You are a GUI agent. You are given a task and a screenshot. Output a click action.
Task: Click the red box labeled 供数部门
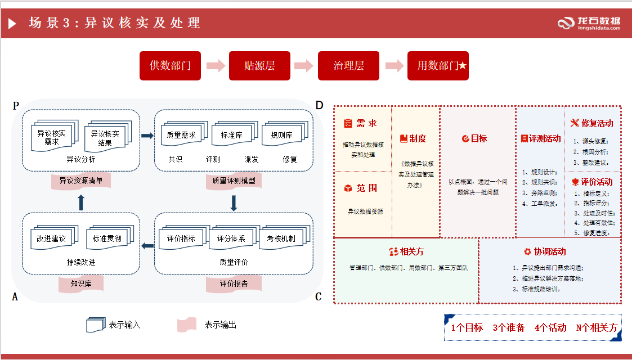170,66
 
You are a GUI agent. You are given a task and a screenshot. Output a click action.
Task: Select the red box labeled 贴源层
259,66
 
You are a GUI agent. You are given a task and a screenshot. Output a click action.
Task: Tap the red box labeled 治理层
348,66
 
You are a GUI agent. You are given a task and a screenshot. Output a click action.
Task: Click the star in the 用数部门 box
463,66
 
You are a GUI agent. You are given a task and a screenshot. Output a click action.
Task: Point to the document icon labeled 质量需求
182,135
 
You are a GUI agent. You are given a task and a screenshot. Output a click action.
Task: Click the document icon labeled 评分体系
231,238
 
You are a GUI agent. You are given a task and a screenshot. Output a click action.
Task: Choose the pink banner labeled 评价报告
234,283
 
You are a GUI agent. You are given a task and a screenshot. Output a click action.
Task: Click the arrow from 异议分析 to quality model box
147,136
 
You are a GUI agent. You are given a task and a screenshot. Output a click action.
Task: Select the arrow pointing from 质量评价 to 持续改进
147,245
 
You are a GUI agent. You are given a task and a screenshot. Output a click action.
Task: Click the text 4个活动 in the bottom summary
550,327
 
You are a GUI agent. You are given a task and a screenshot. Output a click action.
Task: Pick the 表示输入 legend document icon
95,325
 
